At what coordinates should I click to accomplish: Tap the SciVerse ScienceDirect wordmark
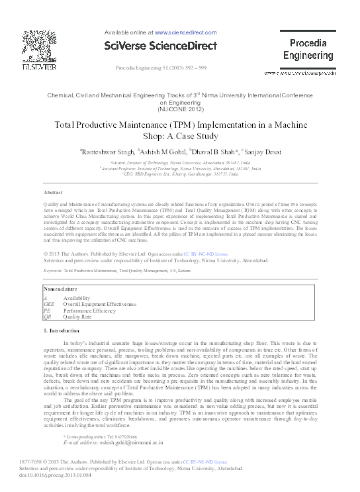click(161, 46)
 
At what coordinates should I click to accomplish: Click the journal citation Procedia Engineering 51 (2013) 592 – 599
click(161, 69)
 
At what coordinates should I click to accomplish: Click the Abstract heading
click(52, 192)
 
